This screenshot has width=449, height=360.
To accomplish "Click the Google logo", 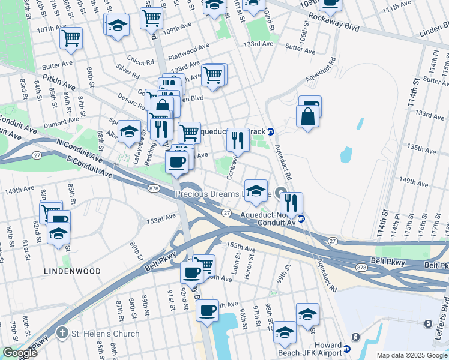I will (x=20, y=353).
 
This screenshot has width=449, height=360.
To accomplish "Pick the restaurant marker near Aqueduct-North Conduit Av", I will (x=291, y=203).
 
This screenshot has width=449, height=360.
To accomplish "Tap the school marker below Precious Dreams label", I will (x=256, y=191).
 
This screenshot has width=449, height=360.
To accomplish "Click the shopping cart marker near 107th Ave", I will (x=71, y=39).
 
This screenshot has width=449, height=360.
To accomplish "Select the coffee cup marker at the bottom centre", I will (x=208, y=311).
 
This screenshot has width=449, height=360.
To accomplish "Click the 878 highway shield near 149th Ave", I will (x=154, y=188).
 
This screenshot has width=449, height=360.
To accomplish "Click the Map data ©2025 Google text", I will (x=412, y=355).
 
